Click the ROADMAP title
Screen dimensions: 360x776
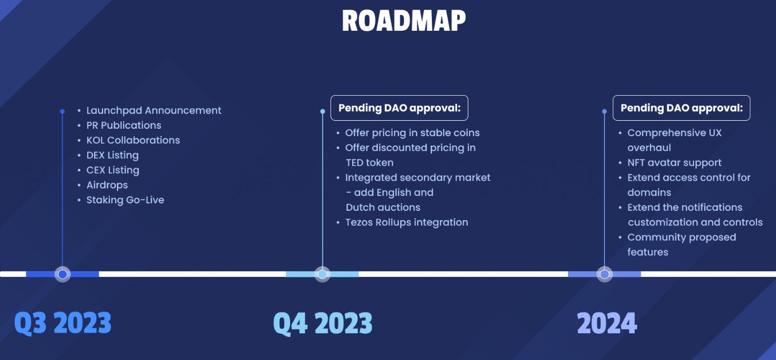[x=403, y=21]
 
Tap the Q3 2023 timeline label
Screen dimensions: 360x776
[x=63, y=323]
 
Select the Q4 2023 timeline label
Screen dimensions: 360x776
[x=322, y=323]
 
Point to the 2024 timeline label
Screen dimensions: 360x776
[x=607, y=323]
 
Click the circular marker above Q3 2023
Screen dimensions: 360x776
[x=63, y=275]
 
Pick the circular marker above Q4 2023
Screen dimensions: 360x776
[x=322, y=275]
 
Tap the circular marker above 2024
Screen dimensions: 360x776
[x=605, y=275]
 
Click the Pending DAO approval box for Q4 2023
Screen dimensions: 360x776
[x=399, y=108]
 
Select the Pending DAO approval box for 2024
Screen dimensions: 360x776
[x=681, y=108]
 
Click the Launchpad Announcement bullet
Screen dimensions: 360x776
[x=153, y=111]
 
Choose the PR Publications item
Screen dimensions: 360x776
[x=124, y=125]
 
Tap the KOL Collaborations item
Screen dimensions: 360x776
[x=133, y=140]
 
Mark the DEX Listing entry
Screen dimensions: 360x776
[x=112, y=155]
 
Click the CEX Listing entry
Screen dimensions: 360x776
[x=112, y=170]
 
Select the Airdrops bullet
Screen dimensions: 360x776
[x=107, y=185]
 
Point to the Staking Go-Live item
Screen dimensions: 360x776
[x=125, y=200]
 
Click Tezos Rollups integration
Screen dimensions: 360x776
[x=406, y=222]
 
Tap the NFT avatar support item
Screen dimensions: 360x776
[x=674, y=163]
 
